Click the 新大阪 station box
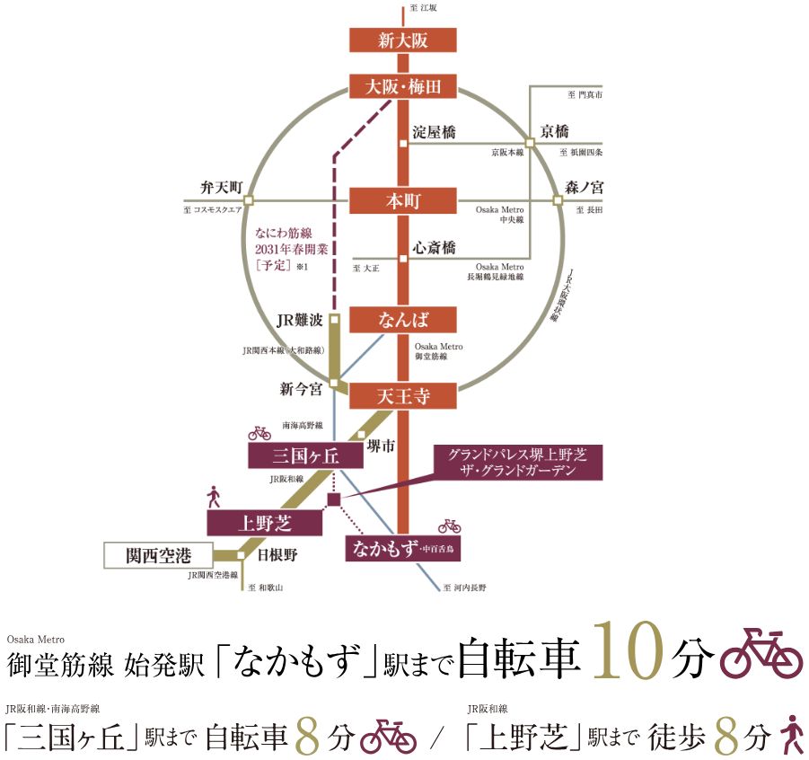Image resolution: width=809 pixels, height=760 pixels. click(403, 40)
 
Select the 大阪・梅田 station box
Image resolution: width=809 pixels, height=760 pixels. click(403, 87)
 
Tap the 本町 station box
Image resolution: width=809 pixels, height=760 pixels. click(403, 200)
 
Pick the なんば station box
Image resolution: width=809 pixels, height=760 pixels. click(403, 321)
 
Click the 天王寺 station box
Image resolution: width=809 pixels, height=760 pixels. click(403, 395)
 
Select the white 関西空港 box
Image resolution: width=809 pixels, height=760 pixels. click(158, 555)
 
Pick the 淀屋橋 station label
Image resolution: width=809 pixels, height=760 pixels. click(435, 132)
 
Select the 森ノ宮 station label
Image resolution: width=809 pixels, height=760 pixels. click(585, 188)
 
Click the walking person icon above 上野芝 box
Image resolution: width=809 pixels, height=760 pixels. click(214, 497)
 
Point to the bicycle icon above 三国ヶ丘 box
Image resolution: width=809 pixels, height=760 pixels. click(259, 433)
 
